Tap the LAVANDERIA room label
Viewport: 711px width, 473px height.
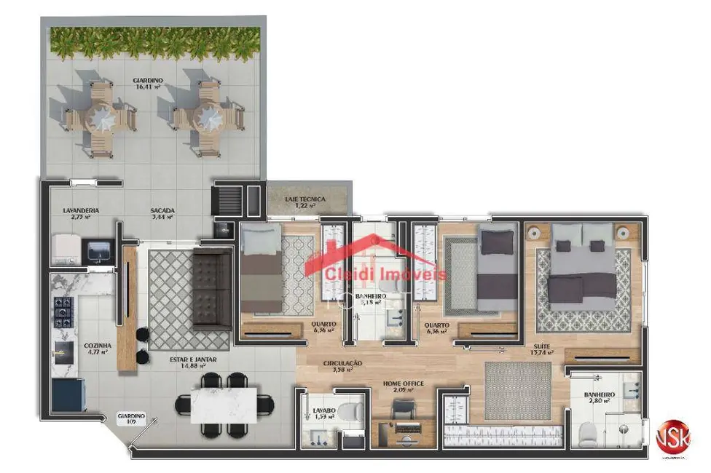(x=80, y=212)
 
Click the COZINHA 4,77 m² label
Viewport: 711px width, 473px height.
(x=97, y=349)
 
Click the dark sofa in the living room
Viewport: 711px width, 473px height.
(x=212, y=290)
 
